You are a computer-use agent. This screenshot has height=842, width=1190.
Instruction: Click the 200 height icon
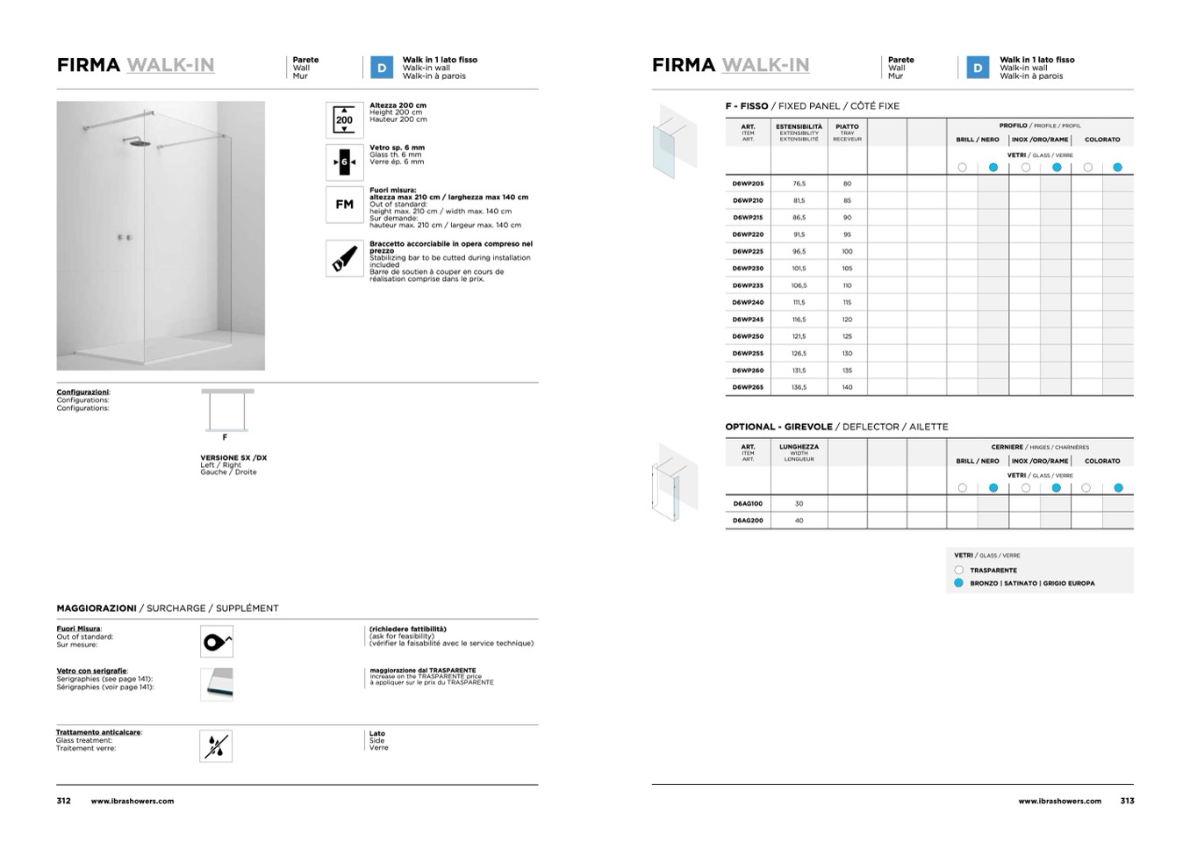[344, 120]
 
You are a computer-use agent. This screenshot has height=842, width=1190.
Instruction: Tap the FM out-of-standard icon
[344, 205]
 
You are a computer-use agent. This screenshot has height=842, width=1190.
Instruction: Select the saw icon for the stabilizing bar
[344, 258]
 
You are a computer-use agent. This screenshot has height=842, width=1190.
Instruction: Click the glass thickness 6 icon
[344, 162]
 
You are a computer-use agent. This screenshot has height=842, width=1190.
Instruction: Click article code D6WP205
[748, 184]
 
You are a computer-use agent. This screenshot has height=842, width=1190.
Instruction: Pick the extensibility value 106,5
[799, 285]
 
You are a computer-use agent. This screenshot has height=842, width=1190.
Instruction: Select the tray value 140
[847, 387]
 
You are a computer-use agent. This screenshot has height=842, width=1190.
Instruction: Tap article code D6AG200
[748, 521]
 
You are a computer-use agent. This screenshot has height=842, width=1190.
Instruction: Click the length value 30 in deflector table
[799, 504]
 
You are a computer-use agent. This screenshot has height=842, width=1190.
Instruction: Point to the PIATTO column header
[847, 127]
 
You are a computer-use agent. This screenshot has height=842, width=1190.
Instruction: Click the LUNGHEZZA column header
[799, 447]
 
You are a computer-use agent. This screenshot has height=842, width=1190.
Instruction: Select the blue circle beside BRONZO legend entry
[959, 583]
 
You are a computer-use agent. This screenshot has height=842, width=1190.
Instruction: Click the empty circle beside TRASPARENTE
[959, 570]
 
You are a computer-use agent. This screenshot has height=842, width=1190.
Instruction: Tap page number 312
[64, 801]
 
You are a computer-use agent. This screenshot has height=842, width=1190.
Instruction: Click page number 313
[1127, 801]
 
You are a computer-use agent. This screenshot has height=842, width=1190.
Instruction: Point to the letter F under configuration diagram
[225, 437]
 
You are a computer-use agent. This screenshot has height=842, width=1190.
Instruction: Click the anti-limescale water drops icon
[216, 745]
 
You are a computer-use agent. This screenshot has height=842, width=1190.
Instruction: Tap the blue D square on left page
[382, 68]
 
